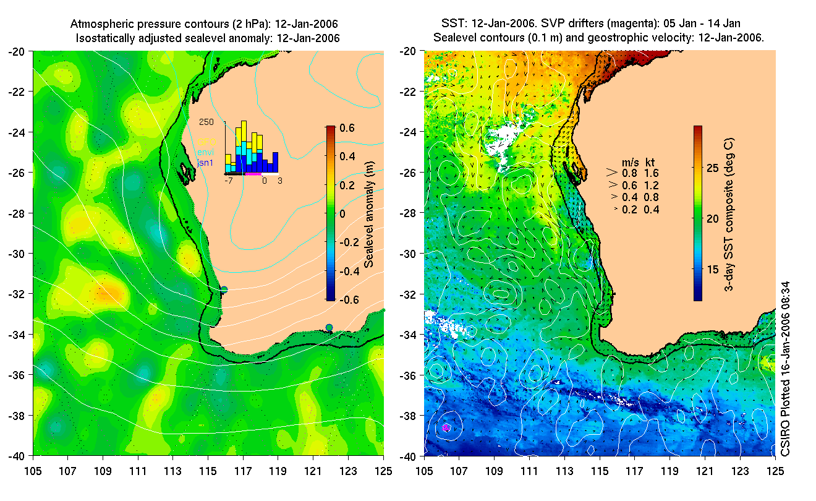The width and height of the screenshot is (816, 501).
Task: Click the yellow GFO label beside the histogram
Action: [x=206, y=141]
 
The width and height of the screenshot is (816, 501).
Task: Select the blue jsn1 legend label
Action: [x=206, y=162]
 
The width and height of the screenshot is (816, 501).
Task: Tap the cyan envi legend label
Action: [x=206, y=152]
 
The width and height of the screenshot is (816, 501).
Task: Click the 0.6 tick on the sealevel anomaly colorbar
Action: [x=347, y=129]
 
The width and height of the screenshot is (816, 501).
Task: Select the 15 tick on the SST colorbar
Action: [x=714, y=269]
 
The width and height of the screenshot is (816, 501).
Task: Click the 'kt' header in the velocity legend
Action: [x=650, y=162]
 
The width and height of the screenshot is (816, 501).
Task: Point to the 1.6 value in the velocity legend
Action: [x=652, y=173]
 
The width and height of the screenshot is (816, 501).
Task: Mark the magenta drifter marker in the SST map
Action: [x=446, y=427]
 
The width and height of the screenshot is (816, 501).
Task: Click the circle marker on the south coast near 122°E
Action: [x=329, y=327]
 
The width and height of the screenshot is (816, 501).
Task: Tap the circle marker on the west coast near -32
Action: [x=224, y=289]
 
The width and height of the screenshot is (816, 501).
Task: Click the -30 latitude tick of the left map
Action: [x=16, y=254]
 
